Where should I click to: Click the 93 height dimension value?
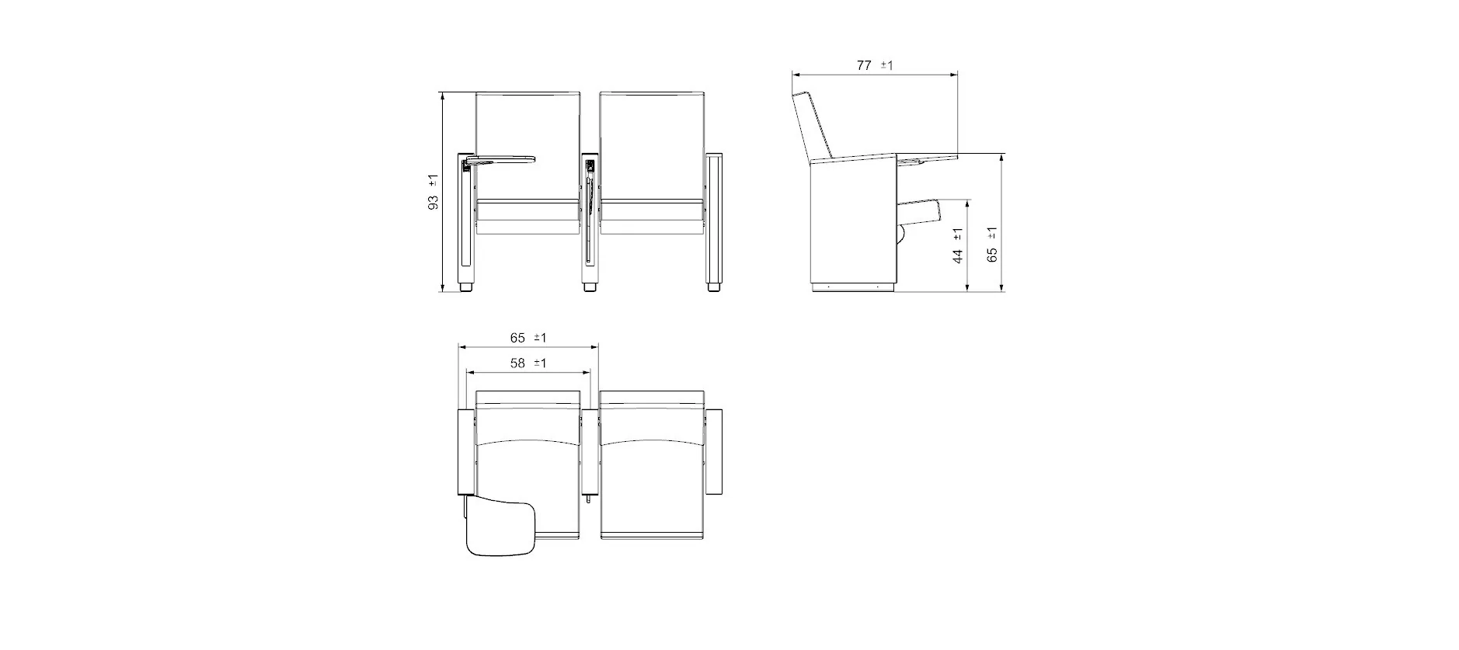point(433,201)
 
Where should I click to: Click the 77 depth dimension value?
point(864,65)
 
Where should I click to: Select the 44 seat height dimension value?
point(958,255)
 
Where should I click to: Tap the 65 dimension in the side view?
point(992,254)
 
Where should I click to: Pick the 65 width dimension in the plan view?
point(517,338)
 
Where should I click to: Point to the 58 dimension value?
point(517,363)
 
